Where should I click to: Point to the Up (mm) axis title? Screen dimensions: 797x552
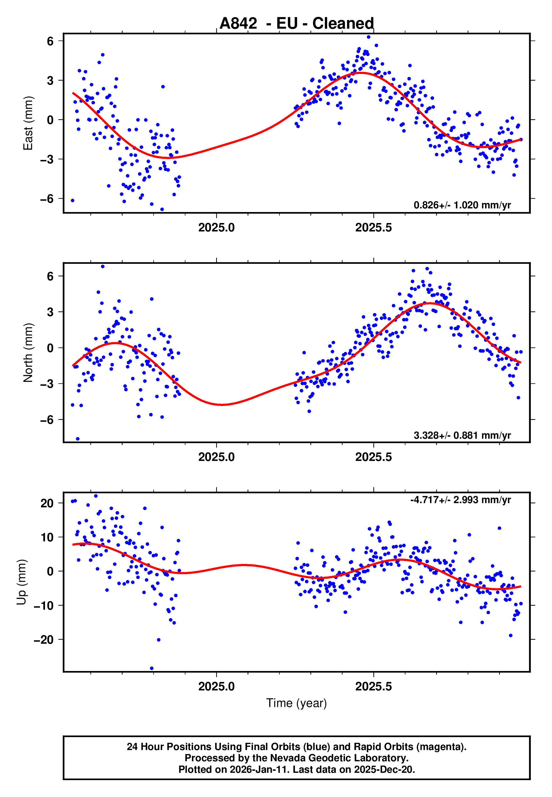point(21,582)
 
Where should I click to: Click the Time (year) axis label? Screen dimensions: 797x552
point(297,703)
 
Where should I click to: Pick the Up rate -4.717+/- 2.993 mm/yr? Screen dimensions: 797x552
point(460,500)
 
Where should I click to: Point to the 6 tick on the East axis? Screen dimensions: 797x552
point(50,41)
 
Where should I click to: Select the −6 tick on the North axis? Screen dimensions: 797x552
point(47,420)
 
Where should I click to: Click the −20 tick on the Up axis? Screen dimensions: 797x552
point(44,640)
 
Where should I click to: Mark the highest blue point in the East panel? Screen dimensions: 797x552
point(368,37)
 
